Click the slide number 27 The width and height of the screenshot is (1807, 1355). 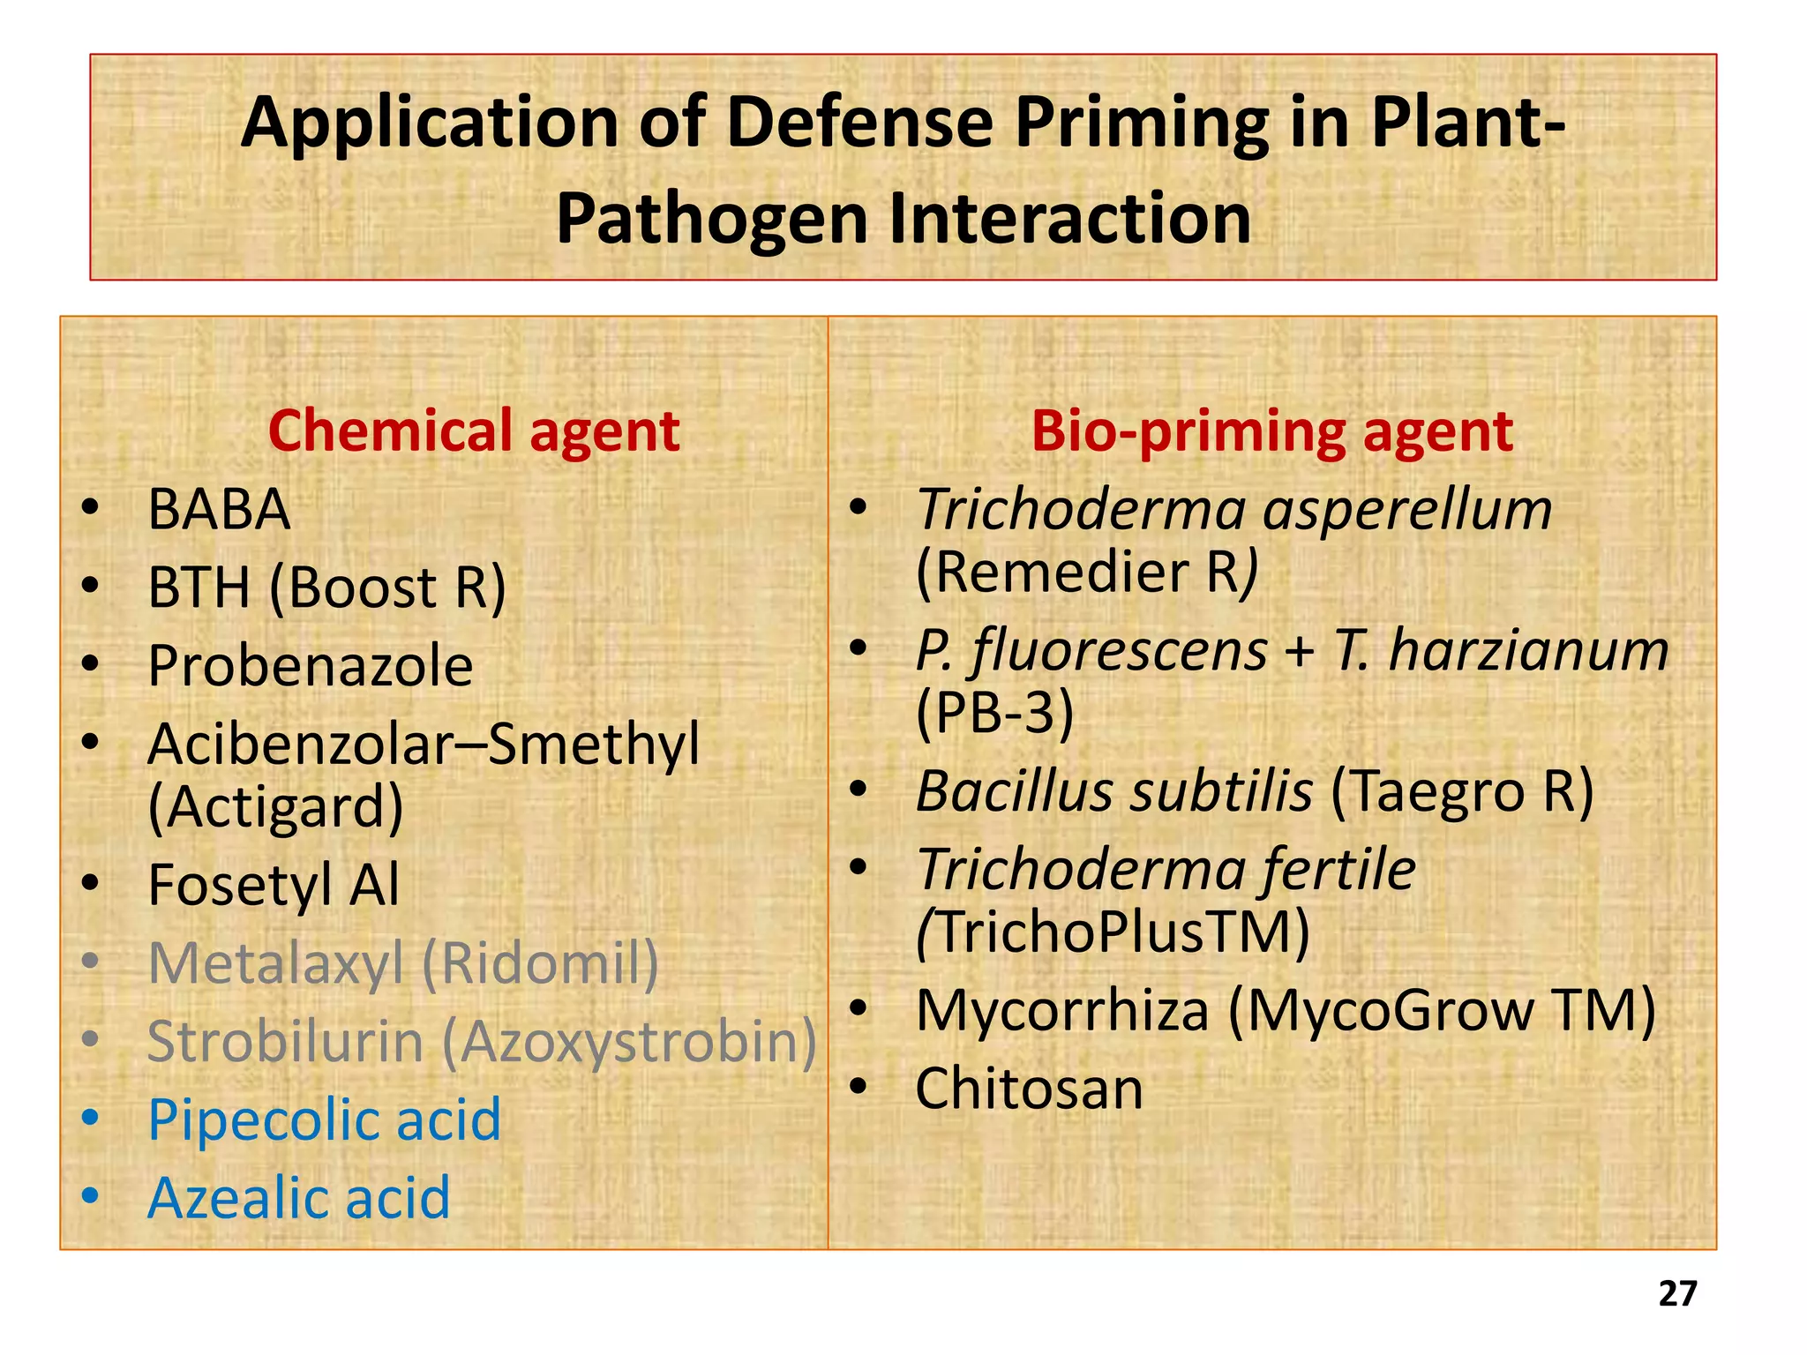click(x=1677, y=1293)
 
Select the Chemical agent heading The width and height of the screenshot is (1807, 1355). click(x=474, y=431)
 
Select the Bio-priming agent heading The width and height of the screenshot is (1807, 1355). click(x=1272, y=431)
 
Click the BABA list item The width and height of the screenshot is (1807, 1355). click(x=219, y=510)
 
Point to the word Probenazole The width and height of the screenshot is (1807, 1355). click(x=311, y=666)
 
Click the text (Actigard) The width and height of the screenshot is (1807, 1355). click(x=275, y=807)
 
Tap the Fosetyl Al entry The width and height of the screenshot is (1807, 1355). click(x=274, y=885)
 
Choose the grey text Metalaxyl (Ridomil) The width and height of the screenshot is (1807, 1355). click(x=403, y=963)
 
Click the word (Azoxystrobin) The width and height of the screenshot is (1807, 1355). click(x=629, y=1042)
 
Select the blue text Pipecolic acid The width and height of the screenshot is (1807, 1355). click(x=324, y=1120)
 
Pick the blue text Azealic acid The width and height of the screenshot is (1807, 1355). click(x=298, y=1199)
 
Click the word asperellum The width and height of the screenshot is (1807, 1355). click(x=1407, y=510)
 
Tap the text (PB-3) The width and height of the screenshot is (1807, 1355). click(x=994, y=712)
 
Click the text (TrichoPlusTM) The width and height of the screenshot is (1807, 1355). click(x=1113, y=932)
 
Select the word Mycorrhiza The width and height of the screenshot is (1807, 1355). click(x=1061, y=1011)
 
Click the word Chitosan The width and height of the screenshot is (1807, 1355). click(x=1029, y=1089)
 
